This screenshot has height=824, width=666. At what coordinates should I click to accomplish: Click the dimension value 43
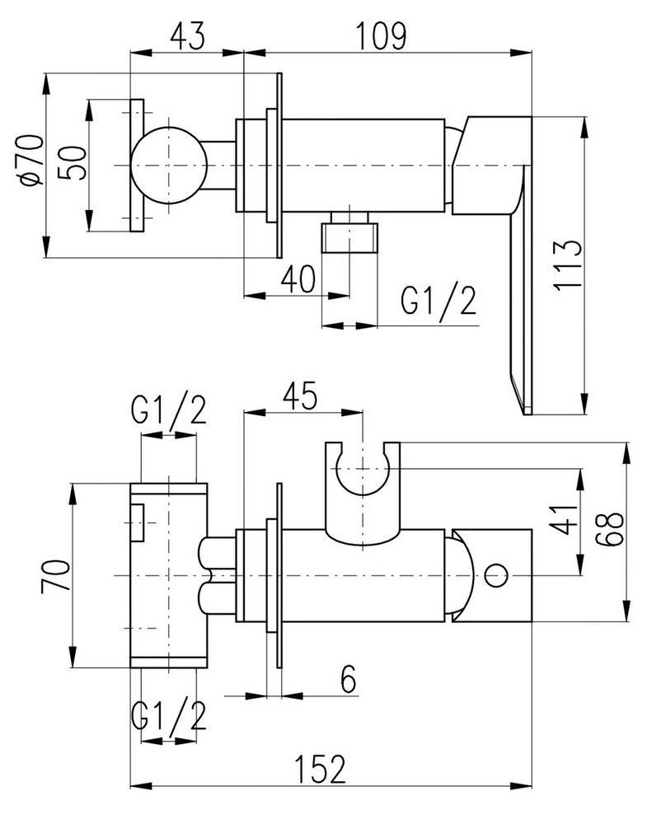pos(186,35)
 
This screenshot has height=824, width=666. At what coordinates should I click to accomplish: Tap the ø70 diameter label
pos(33,162)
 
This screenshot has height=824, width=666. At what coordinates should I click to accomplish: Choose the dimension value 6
pos(348,680)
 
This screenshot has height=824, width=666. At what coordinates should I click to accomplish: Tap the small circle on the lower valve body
pos(497,574)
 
